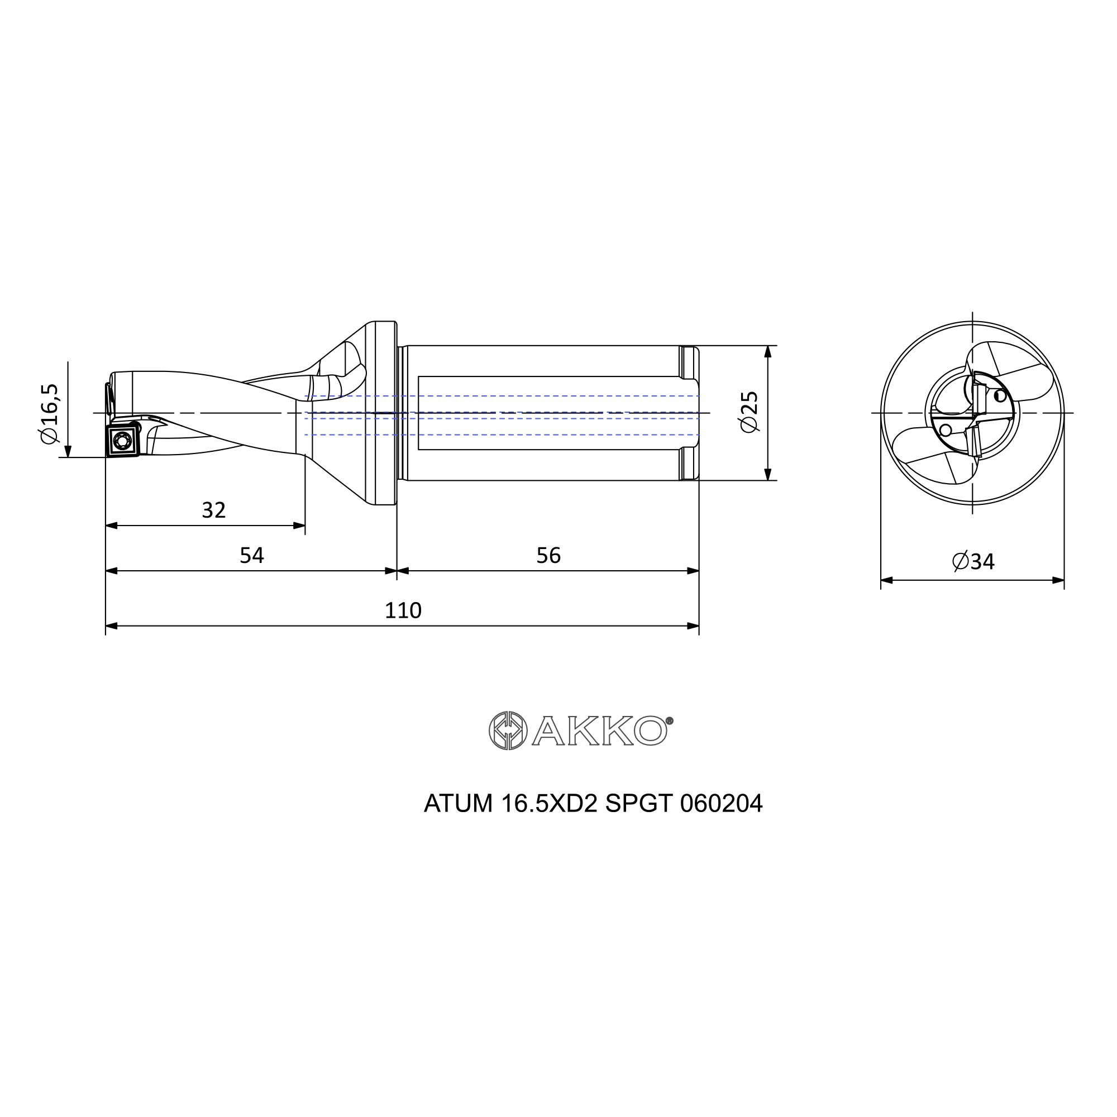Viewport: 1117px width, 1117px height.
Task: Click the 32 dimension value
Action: click(213, 510)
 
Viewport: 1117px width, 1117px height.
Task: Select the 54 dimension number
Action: click(251, 555)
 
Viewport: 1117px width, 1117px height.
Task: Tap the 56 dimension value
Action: click(548, 555)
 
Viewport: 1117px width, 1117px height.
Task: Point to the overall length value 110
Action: click(403, 610)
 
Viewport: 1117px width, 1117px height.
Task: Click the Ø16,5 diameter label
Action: click(50, 413)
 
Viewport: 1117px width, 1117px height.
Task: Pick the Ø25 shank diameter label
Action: click(750, 411)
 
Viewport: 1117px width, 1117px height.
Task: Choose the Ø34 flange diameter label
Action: click(973, 561)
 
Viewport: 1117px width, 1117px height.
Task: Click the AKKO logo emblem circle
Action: click(508, 730)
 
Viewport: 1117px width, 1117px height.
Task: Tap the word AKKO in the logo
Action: click(599, 731)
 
